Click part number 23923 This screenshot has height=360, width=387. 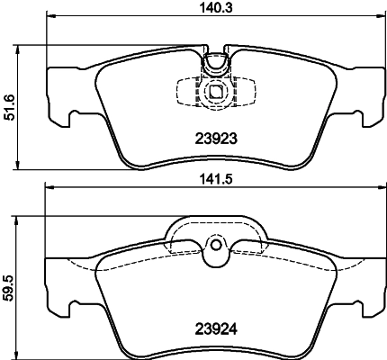(215, 139)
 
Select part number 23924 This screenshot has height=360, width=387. (215, 328)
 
